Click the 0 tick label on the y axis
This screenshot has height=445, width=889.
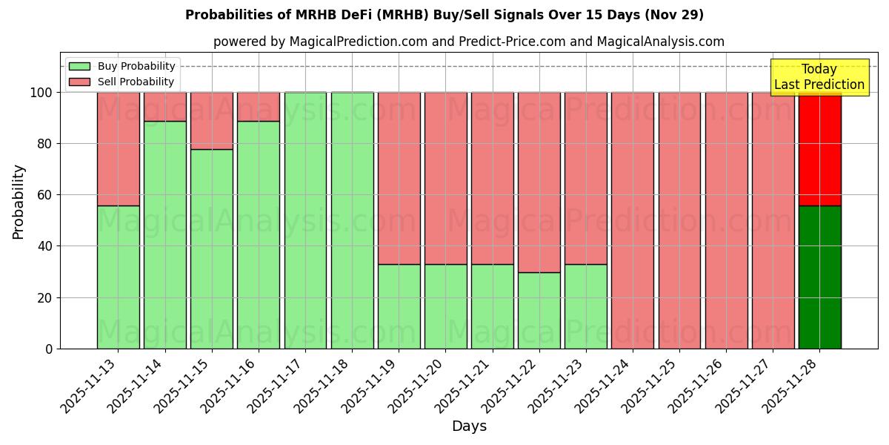49,349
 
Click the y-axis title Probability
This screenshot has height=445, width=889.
19,202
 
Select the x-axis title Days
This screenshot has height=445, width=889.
469,426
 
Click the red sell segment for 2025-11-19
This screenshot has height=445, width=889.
399,178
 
